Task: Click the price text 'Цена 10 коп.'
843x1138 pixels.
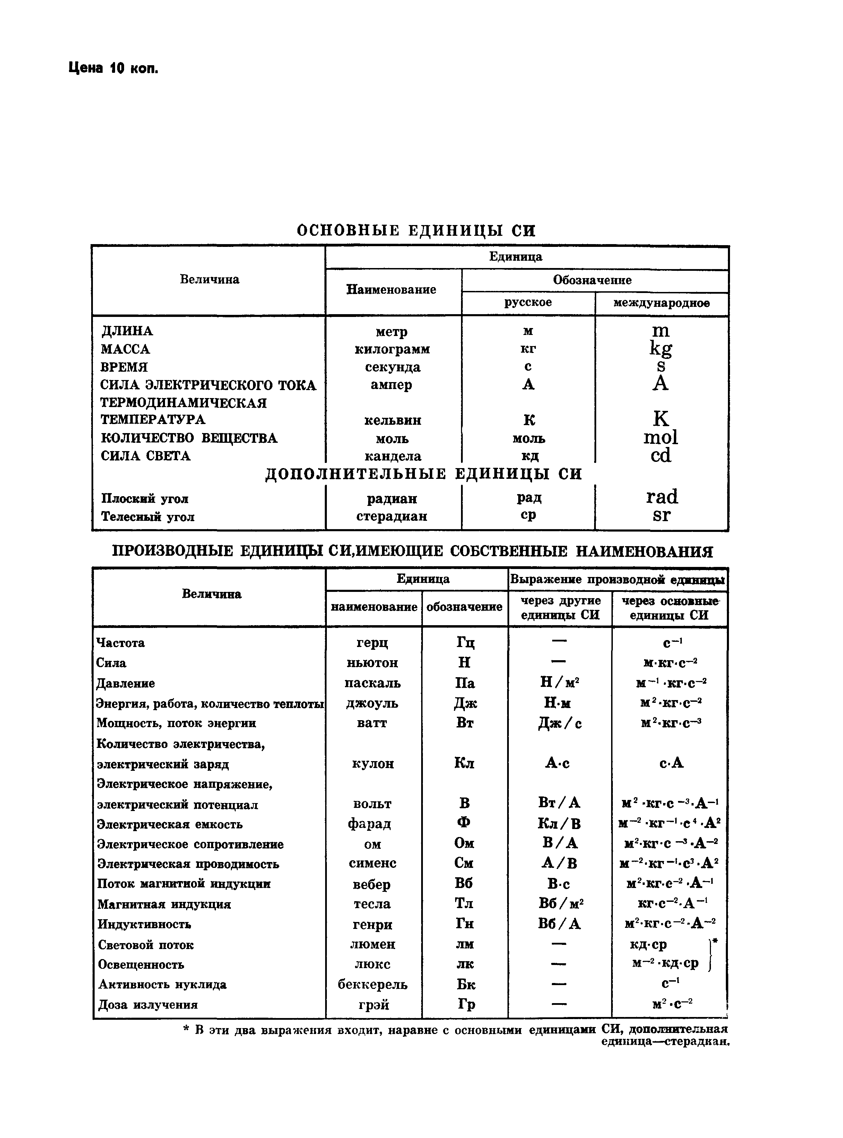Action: click(113, 68)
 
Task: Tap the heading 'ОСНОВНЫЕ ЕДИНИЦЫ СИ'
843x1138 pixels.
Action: click(416, 231)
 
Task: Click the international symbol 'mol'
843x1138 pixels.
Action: click(660, 437)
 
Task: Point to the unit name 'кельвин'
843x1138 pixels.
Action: click(392, 420)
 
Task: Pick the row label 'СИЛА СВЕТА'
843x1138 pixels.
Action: click(146, 456)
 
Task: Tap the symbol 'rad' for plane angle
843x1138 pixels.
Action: click(661, 497)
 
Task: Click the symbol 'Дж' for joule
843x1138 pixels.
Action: click(465, 703)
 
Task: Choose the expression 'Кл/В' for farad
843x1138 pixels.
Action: click(559, 824)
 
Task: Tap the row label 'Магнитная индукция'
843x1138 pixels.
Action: click(164, 904)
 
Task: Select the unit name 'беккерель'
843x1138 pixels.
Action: click(373, 984)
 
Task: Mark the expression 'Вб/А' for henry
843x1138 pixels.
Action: click(559, 924)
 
